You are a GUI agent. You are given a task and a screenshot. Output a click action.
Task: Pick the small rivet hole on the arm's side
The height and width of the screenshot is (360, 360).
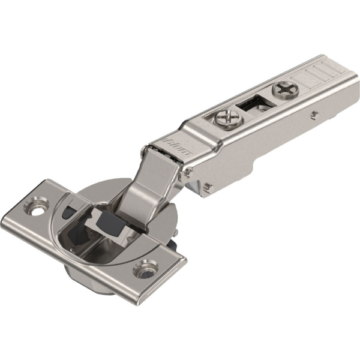[313, 112]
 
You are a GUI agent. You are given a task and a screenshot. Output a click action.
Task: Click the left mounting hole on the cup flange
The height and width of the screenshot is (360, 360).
[37, 209]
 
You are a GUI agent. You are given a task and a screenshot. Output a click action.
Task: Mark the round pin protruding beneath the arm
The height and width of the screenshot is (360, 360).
[206, 188]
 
